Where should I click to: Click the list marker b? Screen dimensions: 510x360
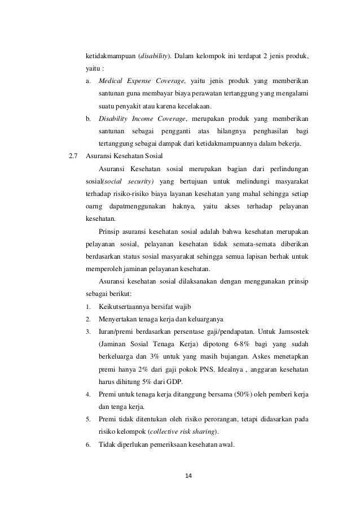point(89,119)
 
